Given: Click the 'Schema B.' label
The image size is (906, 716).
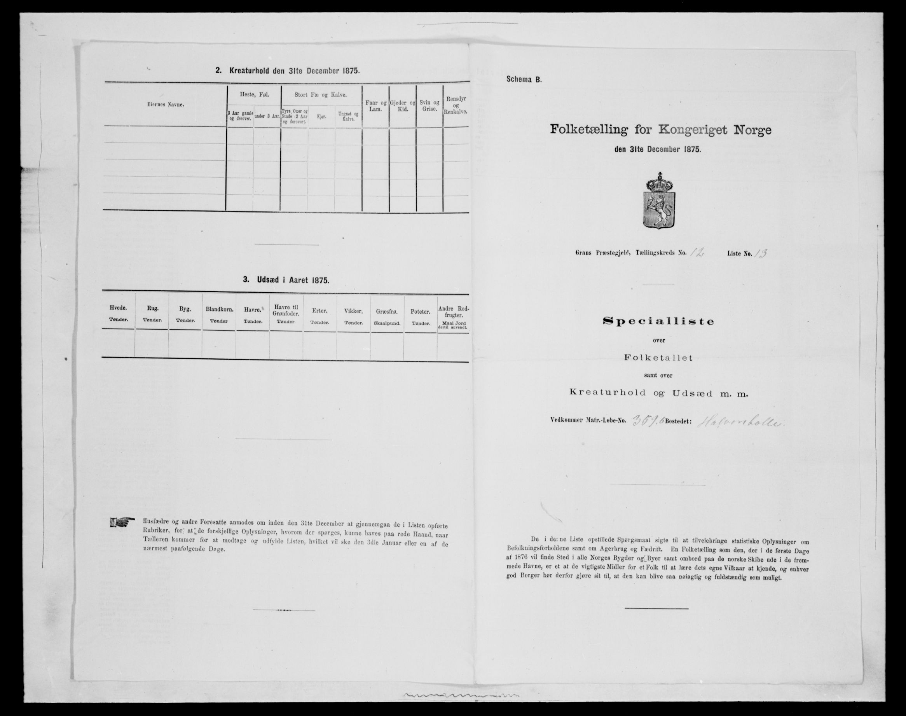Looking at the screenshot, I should coord(524,79).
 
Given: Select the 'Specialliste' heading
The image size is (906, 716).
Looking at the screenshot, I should coord(658,321).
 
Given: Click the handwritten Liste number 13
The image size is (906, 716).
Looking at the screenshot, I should coord(759,253).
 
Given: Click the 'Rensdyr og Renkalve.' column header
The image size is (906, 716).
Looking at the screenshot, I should coord(456,105).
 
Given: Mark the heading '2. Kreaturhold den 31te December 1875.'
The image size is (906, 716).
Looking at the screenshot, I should coord(287,71).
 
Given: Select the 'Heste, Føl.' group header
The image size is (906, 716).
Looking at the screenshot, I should coord(253,95).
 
